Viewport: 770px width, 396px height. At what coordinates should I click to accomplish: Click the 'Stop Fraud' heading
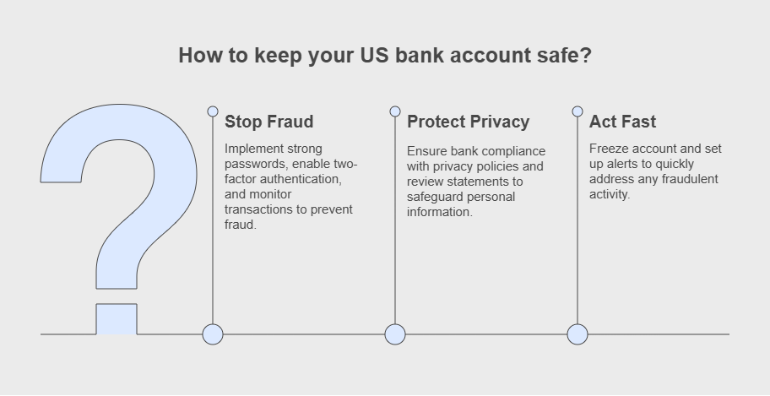268,122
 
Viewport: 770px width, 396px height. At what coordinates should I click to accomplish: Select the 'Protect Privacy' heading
468,122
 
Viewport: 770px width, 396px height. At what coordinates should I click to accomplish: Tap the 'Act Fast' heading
622,122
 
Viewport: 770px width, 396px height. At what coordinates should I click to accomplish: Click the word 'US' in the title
375,55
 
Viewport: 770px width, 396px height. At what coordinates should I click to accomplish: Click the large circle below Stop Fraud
213,334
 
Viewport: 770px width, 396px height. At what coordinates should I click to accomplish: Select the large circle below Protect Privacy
395,334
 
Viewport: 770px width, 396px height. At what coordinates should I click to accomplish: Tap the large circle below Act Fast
577,334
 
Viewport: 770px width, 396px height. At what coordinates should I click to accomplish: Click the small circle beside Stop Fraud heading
213,111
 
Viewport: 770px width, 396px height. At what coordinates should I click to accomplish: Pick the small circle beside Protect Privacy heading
395,111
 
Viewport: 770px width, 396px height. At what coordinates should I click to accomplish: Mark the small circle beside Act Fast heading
577,111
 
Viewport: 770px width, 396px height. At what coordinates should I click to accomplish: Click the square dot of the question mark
117,319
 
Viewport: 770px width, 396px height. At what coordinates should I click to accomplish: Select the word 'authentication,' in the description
301,179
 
